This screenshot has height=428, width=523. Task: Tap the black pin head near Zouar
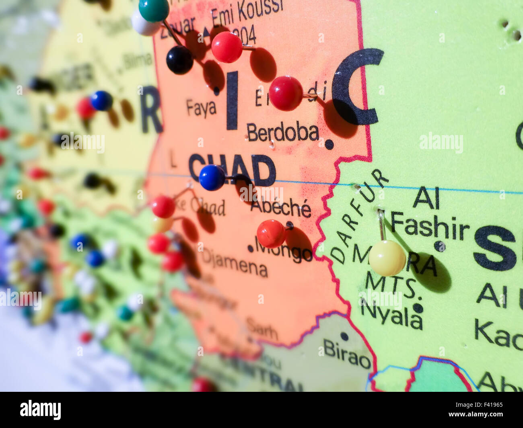coord(179,60)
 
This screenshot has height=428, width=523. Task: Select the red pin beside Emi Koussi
coord(227,47)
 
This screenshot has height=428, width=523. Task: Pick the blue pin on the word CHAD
coord(212,178)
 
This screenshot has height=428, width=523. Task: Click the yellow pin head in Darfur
coord(387,258)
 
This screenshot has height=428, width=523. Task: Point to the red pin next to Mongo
coord(271,234)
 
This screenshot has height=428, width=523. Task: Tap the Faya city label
coord(201,108)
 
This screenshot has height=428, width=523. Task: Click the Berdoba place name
coord(283,132)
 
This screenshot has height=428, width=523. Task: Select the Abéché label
coord(280,207)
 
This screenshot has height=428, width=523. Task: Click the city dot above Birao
coord(344,336)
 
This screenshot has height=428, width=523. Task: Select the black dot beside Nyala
coord(418,308)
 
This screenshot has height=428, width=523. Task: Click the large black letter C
coord(356,86)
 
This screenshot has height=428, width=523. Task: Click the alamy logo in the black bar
coord(41,410)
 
